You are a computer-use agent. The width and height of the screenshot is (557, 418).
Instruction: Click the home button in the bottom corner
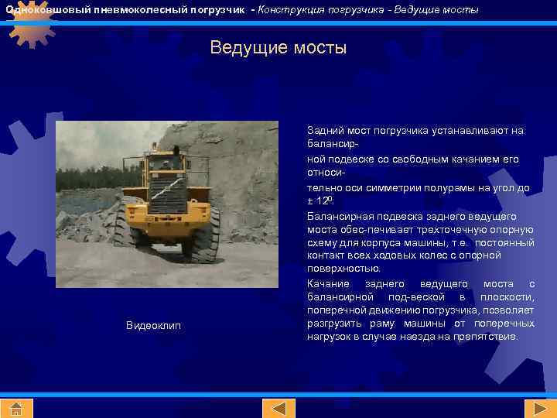(18, 408)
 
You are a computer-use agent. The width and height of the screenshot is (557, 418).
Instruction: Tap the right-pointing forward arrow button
(535, 408)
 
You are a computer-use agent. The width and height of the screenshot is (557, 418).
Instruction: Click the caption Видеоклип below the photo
(153, 325)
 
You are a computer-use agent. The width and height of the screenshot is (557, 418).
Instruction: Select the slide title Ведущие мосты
(278, 48)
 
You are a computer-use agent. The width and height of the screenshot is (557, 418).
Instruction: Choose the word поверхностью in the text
(343, 269)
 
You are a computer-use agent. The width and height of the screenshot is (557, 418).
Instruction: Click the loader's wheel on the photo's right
(206, 232)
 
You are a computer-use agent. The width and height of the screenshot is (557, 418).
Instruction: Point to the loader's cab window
(163, 165)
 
